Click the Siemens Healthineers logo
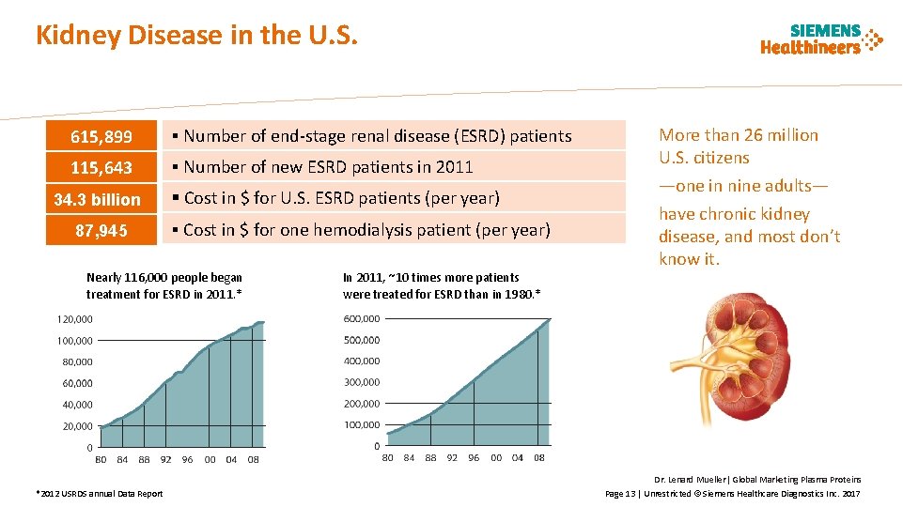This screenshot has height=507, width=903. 821,38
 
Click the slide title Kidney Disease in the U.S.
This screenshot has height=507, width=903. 196,36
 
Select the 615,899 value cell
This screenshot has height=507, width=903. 101,137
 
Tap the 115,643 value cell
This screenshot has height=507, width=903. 101,168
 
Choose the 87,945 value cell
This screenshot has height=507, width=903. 101,230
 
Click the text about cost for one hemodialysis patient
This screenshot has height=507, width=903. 366,230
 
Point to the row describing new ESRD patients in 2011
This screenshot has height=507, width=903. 328,168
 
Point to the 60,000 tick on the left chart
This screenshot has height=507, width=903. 77,383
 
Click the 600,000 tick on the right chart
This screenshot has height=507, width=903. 362,318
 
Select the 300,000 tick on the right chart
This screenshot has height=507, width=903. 362,382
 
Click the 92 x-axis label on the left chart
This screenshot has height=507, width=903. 165,460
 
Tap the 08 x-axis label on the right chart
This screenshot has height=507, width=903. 538,458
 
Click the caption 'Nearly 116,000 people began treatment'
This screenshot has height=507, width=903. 163,285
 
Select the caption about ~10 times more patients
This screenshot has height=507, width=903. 441,285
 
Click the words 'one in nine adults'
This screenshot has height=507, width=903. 743,186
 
